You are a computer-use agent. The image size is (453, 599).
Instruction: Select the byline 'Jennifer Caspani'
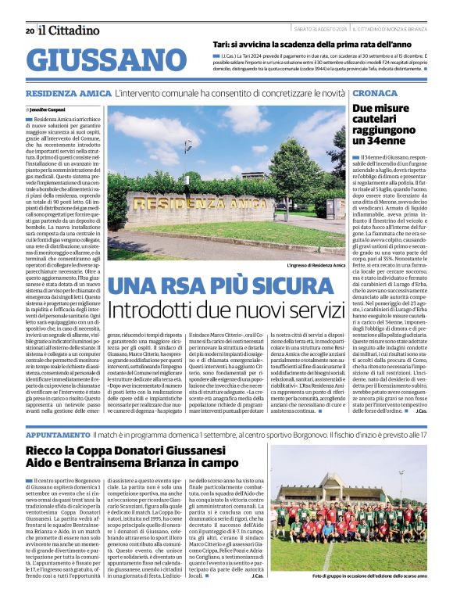coord(48,110)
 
